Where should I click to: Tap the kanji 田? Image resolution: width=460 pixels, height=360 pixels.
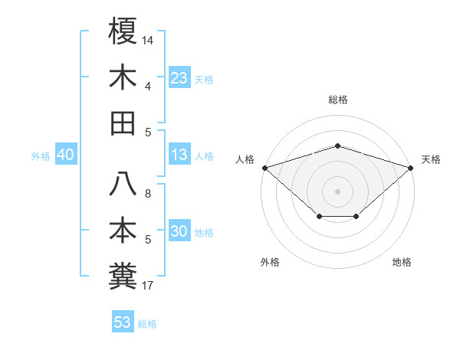(x=123, y=123)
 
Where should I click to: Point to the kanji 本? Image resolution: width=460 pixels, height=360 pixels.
(x=123, y=231)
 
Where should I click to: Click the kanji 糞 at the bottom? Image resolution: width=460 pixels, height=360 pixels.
(x=123, y=276)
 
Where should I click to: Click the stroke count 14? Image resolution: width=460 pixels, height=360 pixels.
(x=148, y=39)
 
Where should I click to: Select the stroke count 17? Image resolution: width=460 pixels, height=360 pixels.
(x=148, y=286)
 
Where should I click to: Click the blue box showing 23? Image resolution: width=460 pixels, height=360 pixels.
(x=179, y=78)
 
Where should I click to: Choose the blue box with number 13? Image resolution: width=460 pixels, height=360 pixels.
(x=179, y=155)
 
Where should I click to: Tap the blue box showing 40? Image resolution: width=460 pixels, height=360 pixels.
(x=65, y=155)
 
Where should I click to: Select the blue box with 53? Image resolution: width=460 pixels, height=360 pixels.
(x=122, y=322)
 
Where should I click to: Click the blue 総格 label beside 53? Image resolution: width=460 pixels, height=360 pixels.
(x=147, y=324)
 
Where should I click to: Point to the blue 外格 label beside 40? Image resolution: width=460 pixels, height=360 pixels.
(x=41, y=156)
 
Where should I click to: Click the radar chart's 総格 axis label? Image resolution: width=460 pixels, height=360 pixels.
(x=338, y=100)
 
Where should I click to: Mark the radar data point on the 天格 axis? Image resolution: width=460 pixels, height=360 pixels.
(x=412, y=167)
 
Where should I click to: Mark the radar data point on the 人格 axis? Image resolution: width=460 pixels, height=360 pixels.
(x=264, y=167)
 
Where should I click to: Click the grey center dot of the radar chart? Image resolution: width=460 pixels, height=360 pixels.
(x=338, y=191)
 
